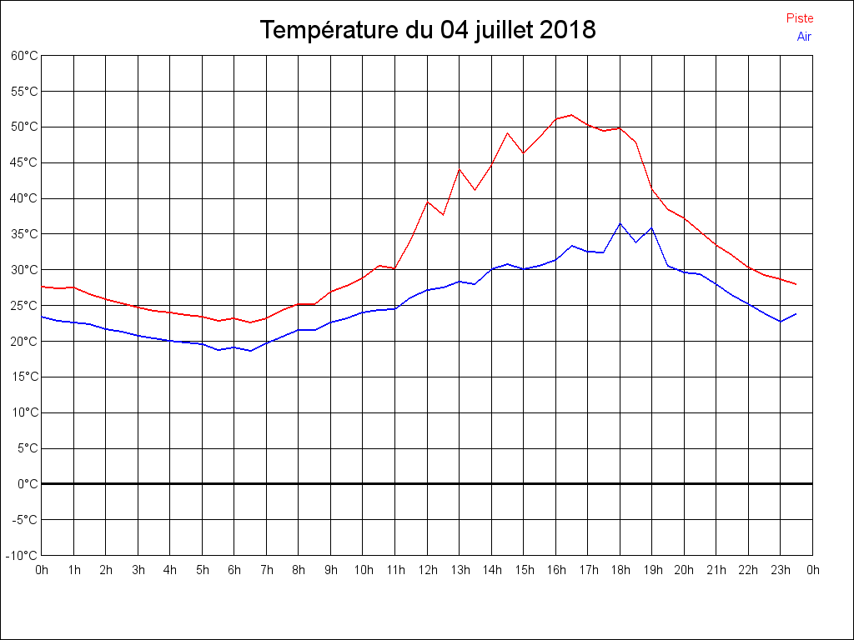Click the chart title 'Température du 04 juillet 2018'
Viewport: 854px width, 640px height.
tap(427, 31)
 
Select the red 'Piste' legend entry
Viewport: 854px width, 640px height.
tap(799, 18)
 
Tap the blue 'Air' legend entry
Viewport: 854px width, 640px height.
tap(804, 36)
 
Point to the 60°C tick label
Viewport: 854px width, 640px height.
tap(24, 56)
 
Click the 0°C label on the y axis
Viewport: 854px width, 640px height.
tap(28, 484)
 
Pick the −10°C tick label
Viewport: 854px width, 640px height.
tap(23, 556)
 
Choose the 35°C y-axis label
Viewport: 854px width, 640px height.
tap(24, 234)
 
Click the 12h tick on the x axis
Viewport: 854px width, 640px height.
tap(427, 570)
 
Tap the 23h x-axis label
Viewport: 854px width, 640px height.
tap(781, 570)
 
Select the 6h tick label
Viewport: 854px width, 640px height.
tap(234, 570)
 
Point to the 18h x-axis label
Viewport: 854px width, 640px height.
tap(620, 570)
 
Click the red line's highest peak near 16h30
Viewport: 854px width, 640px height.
tap(571, 115)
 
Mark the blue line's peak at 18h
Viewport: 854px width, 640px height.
tap(620, 223)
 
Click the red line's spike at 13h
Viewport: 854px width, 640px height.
tap(460, 169)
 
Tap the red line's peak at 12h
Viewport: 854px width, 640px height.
tap(427, 202)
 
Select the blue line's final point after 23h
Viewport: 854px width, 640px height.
tap(796, 314)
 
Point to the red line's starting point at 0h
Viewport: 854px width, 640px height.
tap(42, 287)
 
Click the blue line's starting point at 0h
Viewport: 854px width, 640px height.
tap(42, 317)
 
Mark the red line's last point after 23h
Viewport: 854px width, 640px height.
tap(796, 284)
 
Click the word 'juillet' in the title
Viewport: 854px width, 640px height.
tap(501, 31)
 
